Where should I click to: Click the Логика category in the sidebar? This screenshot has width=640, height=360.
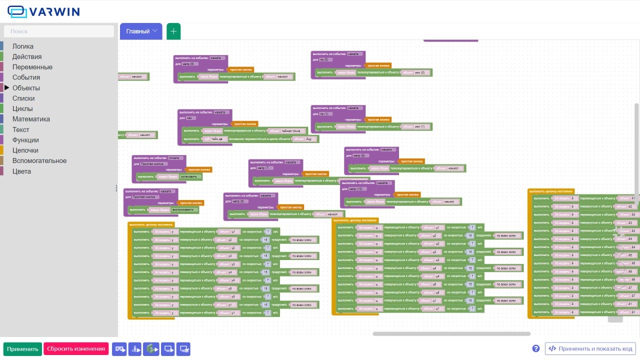point(23,46)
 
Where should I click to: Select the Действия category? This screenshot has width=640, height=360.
point(27,57)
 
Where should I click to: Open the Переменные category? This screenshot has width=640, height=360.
point(32,67)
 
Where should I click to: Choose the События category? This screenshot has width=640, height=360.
point(26,77)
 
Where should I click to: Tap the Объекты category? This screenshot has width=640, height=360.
point(26,88)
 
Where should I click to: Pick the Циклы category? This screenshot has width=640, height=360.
point(22,109)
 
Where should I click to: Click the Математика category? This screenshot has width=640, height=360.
point(31,119)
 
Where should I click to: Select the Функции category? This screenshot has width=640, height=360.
point(25,140)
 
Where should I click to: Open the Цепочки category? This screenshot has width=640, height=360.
point(25,150)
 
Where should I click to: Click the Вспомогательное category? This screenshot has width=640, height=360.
point(39,161)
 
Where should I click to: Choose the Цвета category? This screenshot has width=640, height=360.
point(21,171)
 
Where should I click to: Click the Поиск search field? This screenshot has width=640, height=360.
point(59,31)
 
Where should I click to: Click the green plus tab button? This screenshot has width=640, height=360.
point(173,31)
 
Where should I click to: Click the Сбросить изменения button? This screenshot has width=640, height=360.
point(76,349)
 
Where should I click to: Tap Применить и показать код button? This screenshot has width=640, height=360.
point(590,349)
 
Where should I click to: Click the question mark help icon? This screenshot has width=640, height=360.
point(536,348)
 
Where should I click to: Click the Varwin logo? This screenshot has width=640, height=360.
point(43,11)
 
